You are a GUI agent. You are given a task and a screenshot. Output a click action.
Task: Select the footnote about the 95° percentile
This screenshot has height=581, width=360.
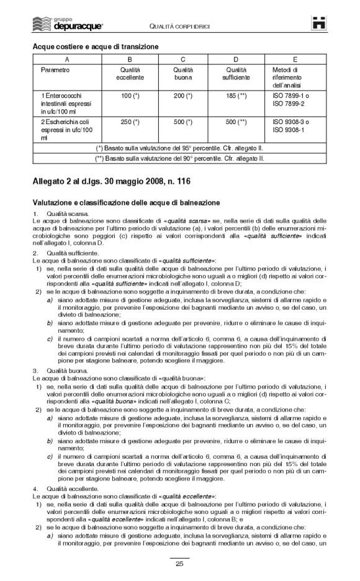pyautogui.click(x=180, y=149)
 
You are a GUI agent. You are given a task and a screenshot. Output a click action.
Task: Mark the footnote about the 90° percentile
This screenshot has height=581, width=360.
pyautogui.click(x=180, y=158)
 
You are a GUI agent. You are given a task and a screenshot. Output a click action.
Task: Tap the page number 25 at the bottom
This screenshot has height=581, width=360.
pyautogui.click(x=179, y=564)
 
